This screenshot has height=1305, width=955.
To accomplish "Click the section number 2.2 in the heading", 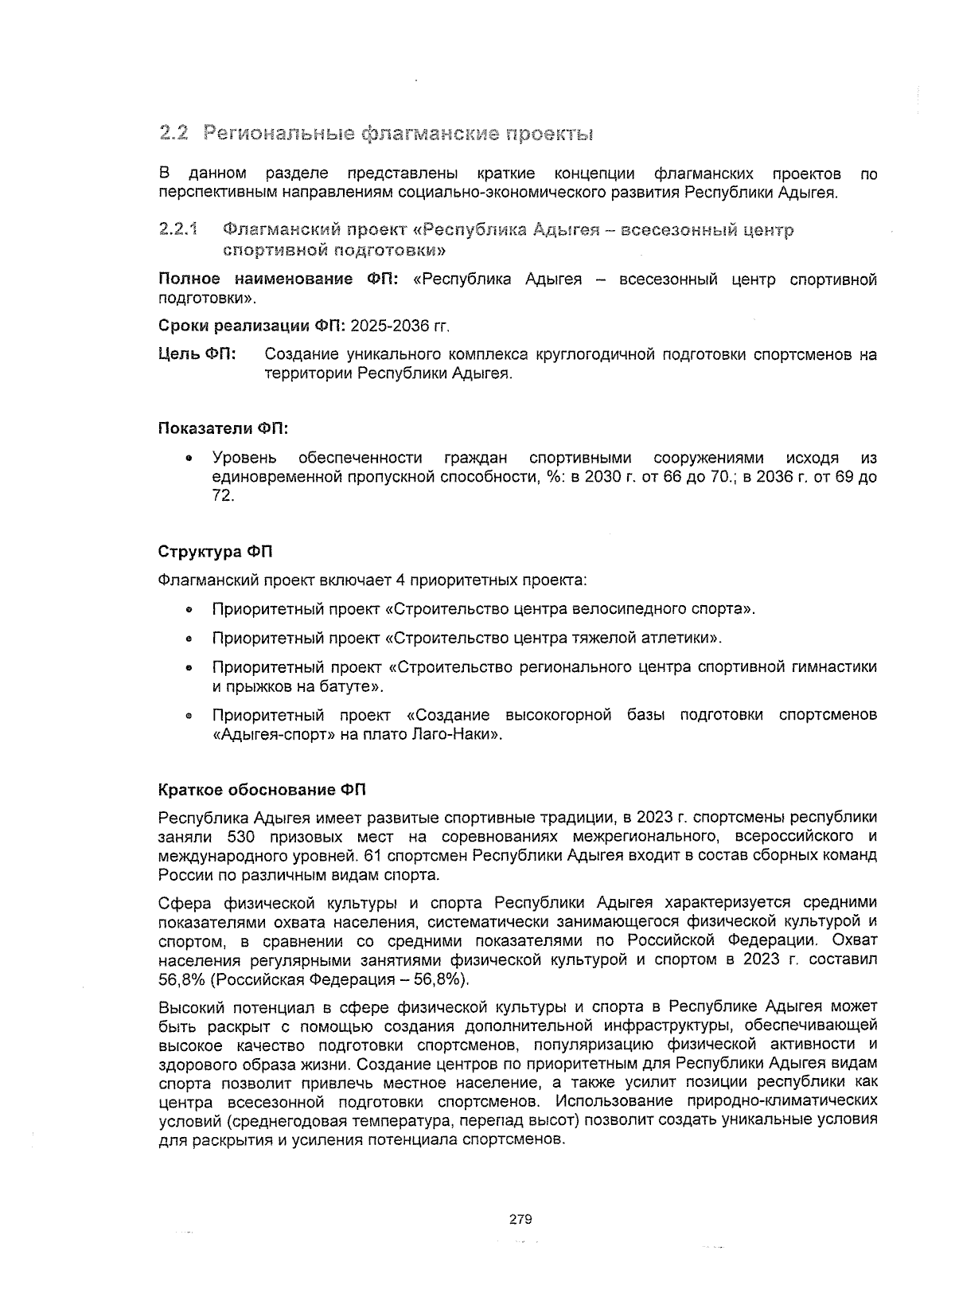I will tap(173, 133).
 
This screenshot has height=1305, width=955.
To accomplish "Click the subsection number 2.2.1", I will tap(177, 231).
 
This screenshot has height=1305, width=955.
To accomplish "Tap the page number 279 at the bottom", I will tap(520, 1219).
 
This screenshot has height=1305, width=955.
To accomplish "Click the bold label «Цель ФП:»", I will tap(197, 354).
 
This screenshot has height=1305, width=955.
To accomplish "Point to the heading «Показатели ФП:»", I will tap(223, 428).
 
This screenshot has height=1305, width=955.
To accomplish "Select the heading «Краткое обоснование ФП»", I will tap(262, 790).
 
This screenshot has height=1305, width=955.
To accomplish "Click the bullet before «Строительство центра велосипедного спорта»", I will tap(189, 611).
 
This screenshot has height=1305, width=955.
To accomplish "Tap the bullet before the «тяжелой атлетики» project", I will tap(189, 639).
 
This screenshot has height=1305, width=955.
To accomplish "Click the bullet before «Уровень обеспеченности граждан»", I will tap(189, 459).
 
